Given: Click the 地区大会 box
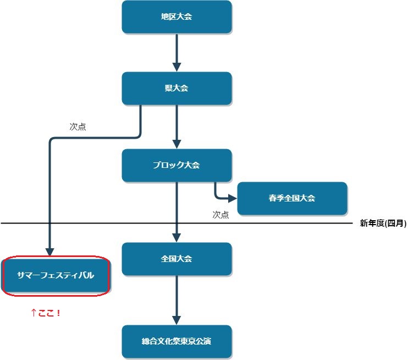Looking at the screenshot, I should coord(177,17).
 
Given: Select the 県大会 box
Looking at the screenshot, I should coord(177,88).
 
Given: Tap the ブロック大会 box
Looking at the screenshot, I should coord(177,165).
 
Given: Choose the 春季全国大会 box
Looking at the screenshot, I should coord(292,198).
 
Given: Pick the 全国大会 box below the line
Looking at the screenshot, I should coord(177,259).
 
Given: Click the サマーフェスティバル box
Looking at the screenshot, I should coord(56,275).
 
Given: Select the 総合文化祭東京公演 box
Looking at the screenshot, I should coord(177,342).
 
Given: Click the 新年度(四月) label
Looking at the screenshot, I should coord(383,223).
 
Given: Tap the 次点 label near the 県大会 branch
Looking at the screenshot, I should coord(78,127).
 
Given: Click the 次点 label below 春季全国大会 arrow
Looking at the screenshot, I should coord(220,215).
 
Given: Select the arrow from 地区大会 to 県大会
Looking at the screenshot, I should coord(177,52).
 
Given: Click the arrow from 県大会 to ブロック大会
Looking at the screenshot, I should coord(177,127).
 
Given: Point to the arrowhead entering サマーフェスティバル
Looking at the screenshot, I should coord(50,251).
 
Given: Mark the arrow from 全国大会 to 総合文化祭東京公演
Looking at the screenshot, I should coord(177,300).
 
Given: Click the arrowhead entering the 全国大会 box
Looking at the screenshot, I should coord(177,238).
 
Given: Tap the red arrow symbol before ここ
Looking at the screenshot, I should coord(34,313).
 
